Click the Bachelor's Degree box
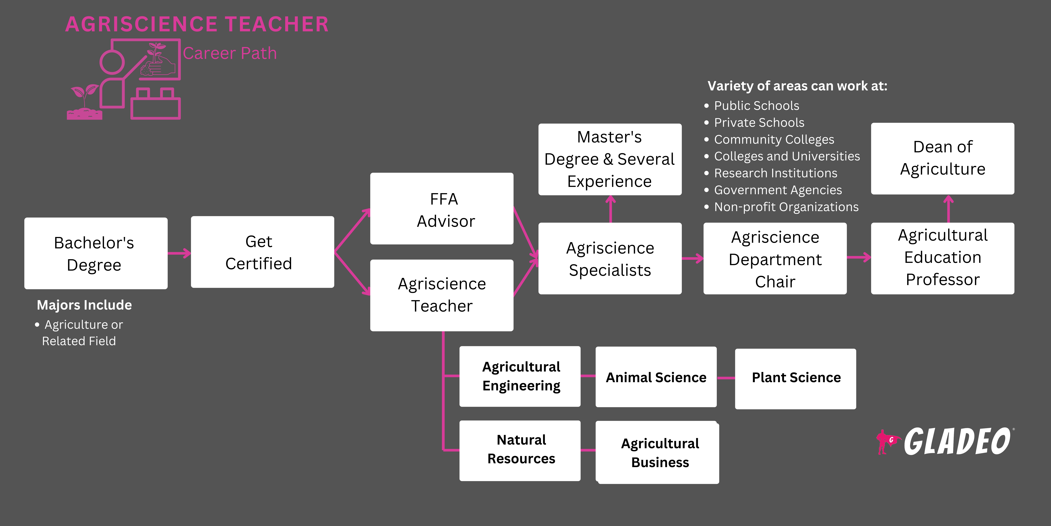(96, 253)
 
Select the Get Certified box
(262, 252)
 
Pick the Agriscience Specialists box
(610, 258)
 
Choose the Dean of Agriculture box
(942, 158)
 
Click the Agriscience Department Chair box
(775, 258)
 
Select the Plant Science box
(796, 379)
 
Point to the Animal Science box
(656, 377)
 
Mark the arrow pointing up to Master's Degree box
(610, 209)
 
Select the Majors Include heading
(84, 305)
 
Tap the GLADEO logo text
(958, 442)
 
